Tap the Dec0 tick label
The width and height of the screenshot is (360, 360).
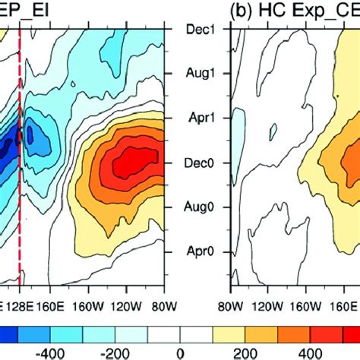[197, 162]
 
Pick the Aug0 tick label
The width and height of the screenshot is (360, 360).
[197, 206]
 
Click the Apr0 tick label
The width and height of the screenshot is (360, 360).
[197, 250]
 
